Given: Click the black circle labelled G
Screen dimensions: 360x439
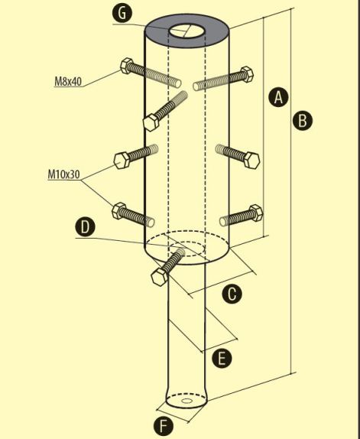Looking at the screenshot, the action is coord(122,14).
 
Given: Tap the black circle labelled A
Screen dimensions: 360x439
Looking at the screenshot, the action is coord(278,97).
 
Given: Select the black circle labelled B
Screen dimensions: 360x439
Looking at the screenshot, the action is coord(303,121).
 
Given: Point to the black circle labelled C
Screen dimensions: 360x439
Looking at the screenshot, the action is coord(232,294).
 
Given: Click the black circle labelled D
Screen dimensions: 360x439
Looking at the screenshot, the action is coord(86,227).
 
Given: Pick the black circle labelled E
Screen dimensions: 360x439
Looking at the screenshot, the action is coord(222,359).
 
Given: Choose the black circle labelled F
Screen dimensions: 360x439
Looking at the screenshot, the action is coord(164,427).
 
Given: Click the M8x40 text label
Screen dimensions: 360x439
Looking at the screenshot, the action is coord(68,82).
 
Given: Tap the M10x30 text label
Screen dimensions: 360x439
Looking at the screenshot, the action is coord(63,174).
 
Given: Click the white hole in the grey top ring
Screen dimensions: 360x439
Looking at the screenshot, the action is coord(186,31).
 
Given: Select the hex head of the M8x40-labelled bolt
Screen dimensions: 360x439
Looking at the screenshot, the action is coord(127,66).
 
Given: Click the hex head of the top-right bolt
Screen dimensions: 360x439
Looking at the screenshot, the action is coord(247,74).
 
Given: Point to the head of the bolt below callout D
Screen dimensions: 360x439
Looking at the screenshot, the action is coord(160,277).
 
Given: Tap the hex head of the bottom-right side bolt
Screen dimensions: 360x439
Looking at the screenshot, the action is coord(256,213).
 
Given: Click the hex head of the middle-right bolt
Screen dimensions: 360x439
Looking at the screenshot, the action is coord(251,161).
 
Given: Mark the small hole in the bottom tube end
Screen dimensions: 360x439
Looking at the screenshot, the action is coord(186,401).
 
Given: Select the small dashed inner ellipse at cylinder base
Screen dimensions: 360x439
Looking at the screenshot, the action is coord(186,249).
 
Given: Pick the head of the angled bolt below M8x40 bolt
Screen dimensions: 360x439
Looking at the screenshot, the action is coord(151,122).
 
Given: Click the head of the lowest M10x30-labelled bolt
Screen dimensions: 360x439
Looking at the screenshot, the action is coord(119,210).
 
